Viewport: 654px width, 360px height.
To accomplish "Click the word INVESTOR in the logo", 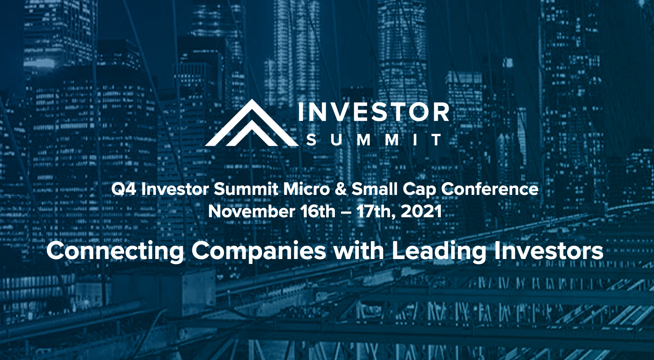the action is (x=374, y=112).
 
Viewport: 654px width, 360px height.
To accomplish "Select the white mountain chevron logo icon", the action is (x=252, y=122).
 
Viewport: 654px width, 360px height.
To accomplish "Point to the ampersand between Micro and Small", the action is (x=341, y=189).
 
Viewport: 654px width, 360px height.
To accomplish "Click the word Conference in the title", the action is (x=490, y=189).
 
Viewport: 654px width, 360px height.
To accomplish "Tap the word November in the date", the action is (x=251, y=211).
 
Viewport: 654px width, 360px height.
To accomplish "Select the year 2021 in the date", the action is (x=421, y=211).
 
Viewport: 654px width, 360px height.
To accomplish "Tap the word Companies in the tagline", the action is (x=259, y=252).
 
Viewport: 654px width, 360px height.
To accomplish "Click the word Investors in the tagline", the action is (x=549, y=251).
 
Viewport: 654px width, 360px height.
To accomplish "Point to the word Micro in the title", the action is (x=307, y=189).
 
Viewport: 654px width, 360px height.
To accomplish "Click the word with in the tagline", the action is (x=359, y=251).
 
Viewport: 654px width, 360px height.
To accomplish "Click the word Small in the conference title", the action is (x=375, y=189).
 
